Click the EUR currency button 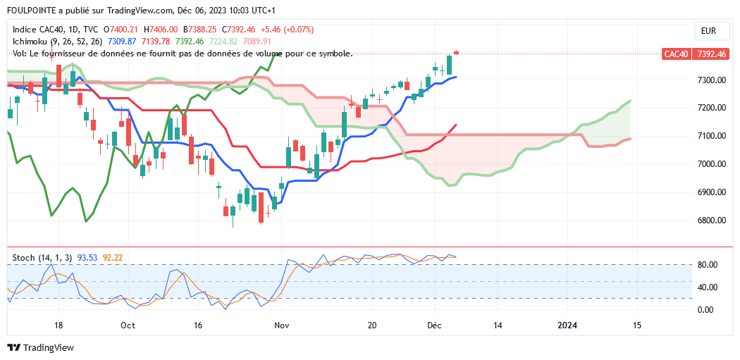(708, 31)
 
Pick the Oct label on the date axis (128, 325)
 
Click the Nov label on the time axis (282, 325)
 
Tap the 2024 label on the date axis (567, 325)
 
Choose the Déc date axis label (435, 325)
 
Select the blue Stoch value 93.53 (88, 258)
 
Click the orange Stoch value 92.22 (113, 258)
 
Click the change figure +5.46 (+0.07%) (287, 30)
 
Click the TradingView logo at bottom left (40, 348)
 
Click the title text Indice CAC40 (36, 30)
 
